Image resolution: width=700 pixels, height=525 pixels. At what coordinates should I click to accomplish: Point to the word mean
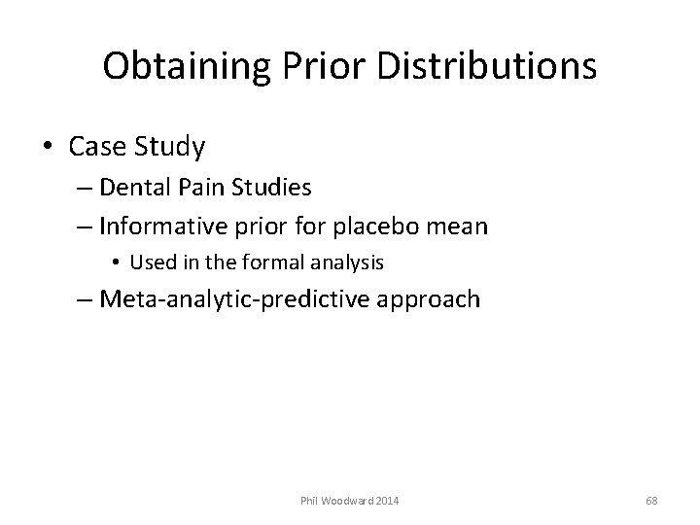(x=461, y=227)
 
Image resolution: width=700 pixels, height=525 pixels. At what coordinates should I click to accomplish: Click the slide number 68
(x=651, y=500)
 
